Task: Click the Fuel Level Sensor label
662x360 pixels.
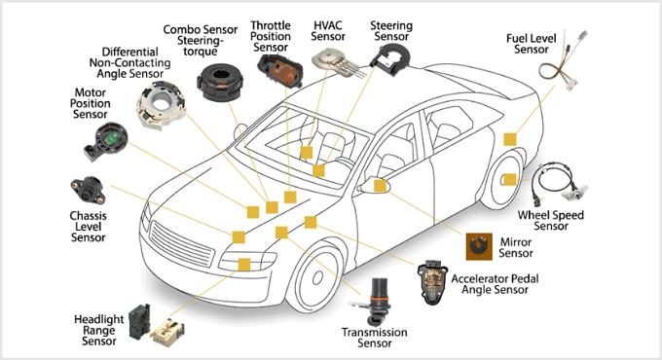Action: [532, 43]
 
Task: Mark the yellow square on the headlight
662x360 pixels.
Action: [243, 264]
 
